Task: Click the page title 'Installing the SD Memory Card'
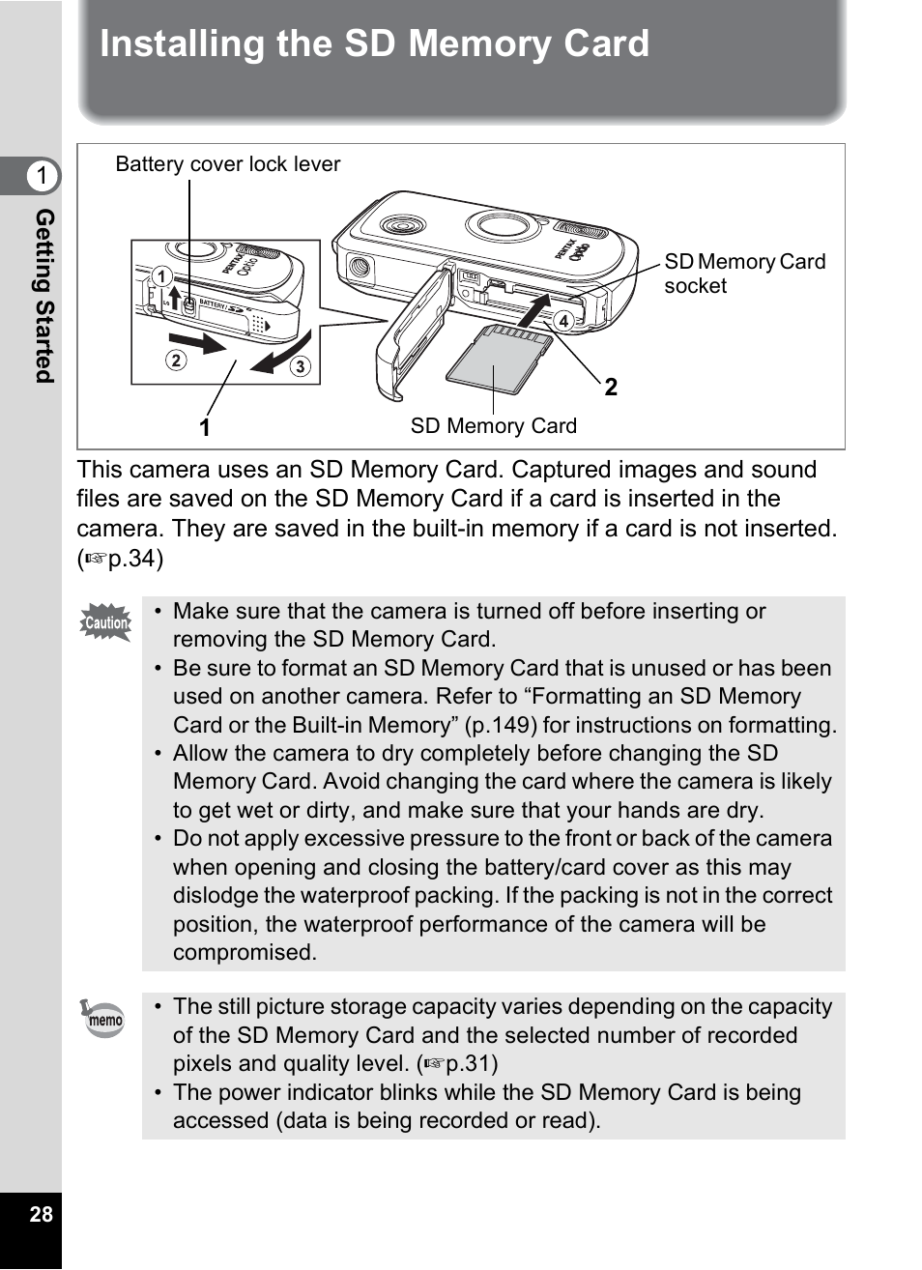click(374, 45)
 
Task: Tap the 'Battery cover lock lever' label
click(227, 164)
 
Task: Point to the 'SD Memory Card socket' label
click(743, 274)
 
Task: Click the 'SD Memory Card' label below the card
click(493, 426)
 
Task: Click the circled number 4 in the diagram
click(562, 321)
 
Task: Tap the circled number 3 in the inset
click(300, 366)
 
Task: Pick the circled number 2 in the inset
click(176, 361)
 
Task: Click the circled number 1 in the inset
click(161, 277)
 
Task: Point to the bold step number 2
click(611, 389)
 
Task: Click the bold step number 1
click(205, 427)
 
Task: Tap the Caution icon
click(105, 622)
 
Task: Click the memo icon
click(102, 1019)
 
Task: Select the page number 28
click(41, 1215)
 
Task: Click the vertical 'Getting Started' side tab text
click(44, 296)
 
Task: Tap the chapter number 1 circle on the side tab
click(42, 177)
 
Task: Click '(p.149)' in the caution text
click(493, 725)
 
